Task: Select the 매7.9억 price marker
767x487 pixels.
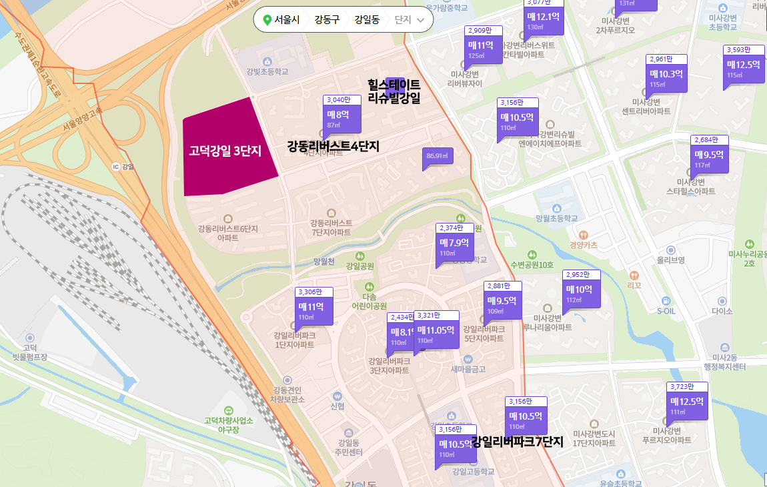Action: [x=455, y=245]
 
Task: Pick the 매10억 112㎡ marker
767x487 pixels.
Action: [x=582, y=292]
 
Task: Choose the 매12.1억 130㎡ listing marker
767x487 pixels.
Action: [x=544, y=19]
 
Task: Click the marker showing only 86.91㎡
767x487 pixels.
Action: [x=438, y=157]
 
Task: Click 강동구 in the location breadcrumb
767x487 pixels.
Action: [x=326, y=20]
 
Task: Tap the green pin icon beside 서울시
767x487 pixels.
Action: [x=267, y=20]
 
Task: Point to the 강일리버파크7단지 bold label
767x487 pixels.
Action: [x=518, y=442]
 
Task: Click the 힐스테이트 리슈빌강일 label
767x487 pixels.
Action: [x=394, y=92]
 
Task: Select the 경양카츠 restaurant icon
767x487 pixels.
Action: [x=584, y=234]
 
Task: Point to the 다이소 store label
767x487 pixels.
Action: [x=722, y=311]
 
